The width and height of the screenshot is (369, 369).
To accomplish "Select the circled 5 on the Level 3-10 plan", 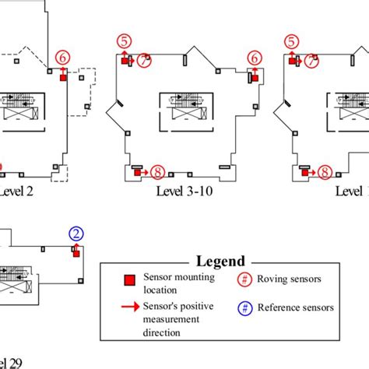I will (x=123, y=40).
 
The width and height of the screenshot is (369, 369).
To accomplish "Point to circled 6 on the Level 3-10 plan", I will (x=253, y=57).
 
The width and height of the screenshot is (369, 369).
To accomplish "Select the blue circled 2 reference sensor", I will (x=76, y=233).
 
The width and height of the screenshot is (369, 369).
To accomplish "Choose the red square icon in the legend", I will (x=131, y=280).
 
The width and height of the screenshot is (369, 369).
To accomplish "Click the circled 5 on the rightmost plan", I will (x=291, y=40).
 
